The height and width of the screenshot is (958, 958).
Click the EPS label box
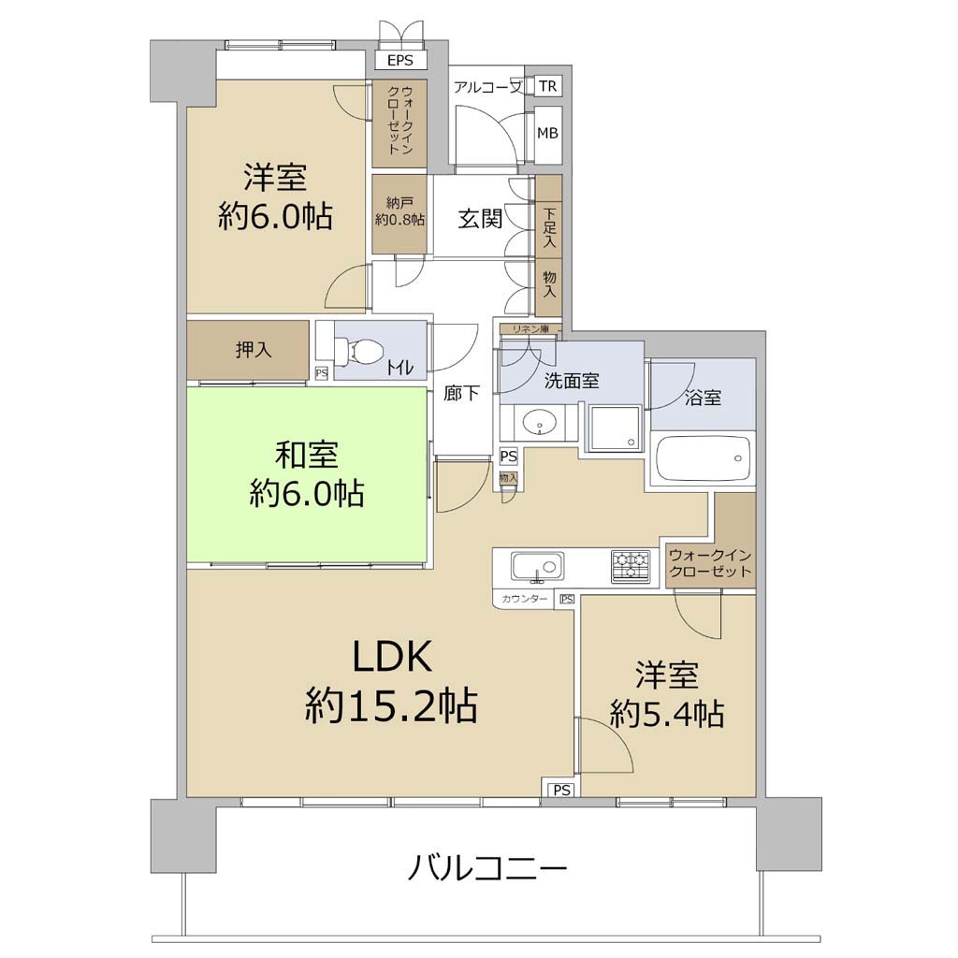click(400, 61)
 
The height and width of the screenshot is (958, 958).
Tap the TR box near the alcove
click(548, 86)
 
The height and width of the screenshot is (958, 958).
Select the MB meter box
click(548, 133)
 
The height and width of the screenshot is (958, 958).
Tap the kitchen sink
click(537, 567)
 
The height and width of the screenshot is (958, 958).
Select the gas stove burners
click(631, 566)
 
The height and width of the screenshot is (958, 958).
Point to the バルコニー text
click(487, 868)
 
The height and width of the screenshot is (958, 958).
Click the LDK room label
click(392, 658)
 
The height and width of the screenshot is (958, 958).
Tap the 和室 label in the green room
click(306, 455)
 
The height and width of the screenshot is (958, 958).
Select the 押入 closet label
click(254, 351)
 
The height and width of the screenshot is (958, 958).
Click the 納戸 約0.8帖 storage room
click(399, 214)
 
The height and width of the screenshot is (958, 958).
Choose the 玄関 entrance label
click(480, 219)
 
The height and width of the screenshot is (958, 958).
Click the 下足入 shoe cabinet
click(548, 216)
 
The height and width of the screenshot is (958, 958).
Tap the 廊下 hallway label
click(461, 393)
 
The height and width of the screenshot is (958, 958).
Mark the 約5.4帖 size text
click(667, 713)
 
